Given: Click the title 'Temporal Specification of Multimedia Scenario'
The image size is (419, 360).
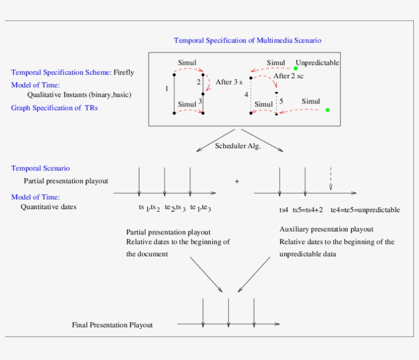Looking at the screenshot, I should [247, 40].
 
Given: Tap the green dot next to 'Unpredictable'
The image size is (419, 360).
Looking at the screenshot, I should [295, 68].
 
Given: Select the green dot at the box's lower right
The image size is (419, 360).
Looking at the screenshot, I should [328, 110].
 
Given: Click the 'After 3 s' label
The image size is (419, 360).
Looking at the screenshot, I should [229, 82].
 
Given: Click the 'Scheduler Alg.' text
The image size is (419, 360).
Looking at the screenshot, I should [238, 146].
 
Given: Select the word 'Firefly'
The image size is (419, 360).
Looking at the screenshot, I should [124, 73].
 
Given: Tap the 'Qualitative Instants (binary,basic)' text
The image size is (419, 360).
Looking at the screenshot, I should [82, 95].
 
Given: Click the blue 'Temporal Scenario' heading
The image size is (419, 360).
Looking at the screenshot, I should [40, 168].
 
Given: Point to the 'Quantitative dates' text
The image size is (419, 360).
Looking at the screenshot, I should [49, 207].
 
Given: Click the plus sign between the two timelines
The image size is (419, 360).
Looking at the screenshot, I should [237, 181].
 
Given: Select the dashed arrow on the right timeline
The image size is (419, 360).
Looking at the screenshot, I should [331, 179].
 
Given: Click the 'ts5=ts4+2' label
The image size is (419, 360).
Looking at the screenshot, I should [308, 210].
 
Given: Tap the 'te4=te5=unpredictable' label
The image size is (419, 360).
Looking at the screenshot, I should [365, 210].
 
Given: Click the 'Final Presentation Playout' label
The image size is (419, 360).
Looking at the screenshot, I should [112, 325].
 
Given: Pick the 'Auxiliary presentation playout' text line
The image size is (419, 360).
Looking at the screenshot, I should [326, 229].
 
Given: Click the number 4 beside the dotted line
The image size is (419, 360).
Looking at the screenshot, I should [246, 95].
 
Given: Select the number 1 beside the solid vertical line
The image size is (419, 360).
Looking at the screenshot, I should [167, 89].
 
